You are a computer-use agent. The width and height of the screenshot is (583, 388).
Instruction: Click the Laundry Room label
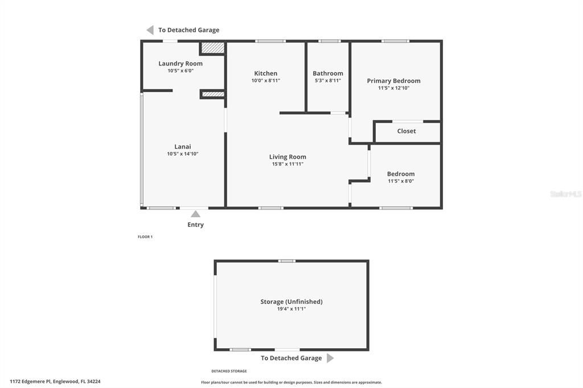(180, 64)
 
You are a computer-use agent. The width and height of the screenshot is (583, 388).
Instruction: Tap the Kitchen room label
(266, 73)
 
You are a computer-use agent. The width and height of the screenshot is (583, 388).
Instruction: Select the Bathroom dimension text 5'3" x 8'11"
(328, 81)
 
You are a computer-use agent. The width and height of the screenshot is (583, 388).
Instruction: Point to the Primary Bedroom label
(393, 81)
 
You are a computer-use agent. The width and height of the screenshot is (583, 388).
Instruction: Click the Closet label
(407, 131)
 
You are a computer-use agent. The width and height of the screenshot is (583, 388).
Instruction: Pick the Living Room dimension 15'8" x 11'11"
(288, 164)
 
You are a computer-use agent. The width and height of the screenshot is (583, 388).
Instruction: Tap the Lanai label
(183, 147)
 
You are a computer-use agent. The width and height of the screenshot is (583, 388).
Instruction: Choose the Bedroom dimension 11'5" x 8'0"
(401, 181)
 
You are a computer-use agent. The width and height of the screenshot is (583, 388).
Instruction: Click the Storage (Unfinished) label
(291, 302)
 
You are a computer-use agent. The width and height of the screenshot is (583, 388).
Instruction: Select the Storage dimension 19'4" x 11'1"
(291, 309)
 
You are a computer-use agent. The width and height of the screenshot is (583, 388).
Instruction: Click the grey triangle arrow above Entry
(195, 214)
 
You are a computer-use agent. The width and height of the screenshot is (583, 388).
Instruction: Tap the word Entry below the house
(195, 225)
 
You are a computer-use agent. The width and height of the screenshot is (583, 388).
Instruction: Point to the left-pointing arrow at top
(150, 30)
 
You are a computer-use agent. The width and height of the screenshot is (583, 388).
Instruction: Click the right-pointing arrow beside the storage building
(330, 358)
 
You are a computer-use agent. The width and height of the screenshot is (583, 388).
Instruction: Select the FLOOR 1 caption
(145, 237)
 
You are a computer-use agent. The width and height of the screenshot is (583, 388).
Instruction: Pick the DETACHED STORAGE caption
(229, 371)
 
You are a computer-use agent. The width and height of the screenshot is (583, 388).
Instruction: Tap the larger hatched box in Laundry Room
(214, 48)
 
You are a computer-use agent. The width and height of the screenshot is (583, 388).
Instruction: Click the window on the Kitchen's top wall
(270, 41)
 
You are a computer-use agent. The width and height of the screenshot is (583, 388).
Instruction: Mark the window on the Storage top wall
(286, 261)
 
